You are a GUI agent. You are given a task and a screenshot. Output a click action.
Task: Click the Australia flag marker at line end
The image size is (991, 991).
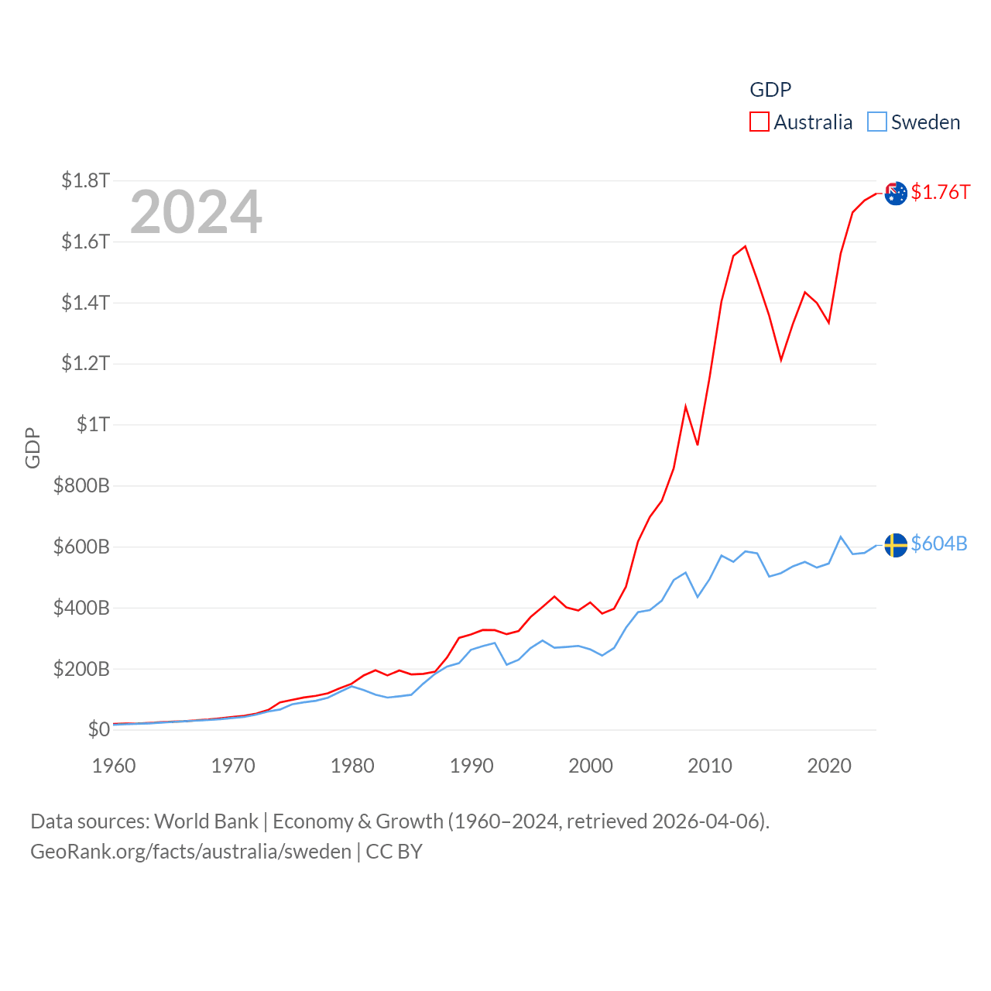pos(896,194)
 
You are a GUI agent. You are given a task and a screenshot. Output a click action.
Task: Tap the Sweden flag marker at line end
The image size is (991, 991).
pos(896,545)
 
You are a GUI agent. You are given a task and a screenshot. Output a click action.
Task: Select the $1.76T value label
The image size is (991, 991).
pos(940,192)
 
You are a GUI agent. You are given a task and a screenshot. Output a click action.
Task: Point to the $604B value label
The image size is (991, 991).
pos(939,544)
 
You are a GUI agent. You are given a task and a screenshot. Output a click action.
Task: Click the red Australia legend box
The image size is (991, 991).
pos(760,122)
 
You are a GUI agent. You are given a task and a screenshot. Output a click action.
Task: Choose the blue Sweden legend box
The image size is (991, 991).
pos(877,122)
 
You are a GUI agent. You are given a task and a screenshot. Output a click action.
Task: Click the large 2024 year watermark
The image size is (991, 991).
pos(196,212)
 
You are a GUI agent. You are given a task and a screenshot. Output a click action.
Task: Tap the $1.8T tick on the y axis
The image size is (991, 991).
pos(85,180)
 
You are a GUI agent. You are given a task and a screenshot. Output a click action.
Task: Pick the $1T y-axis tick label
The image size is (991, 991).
pos(93,424)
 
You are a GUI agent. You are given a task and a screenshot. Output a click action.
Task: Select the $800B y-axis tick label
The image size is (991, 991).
pos(81,485)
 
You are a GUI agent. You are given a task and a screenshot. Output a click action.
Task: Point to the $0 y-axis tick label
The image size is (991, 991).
pos(98,729)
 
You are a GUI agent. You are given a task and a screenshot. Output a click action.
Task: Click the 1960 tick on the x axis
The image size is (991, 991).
pos(114,766)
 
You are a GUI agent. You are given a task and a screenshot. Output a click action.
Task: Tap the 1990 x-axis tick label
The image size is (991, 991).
pos(471,766)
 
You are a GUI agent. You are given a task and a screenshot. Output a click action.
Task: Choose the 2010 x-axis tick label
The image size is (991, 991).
pos(710,766)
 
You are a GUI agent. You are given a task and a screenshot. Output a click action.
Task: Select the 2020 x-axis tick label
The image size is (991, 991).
pos(829,766)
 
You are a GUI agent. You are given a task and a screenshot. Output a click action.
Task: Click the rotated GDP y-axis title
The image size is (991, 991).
pos(33,447)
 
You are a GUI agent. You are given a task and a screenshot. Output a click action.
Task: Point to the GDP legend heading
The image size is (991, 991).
pos(770,90)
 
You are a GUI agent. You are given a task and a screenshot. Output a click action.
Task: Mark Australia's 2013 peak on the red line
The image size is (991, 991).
pos(745,247)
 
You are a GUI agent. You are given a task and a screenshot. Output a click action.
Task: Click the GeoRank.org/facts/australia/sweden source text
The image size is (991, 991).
pos(191,852)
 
